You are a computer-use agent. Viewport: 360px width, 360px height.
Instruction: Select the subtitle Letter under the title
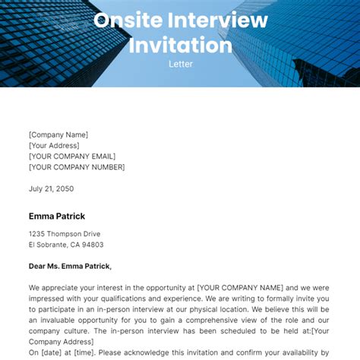pyautogui.click(x=180, y=65)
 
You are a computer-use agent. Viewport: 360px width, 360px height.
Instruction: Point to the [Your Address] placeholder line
pyautogui.click(x=54, y=145)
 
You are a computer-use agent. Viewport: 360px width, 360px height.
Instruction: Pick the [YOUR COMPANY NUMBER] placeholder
pyautogui.click(x=77, y=166)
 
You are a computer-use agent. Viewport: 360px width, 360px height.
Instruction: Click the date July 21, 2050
pyautogui.click(x=52, y=188)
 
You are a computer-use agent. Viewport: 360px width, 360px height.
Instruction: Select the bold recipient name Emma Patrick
pyautogui.click(x=57, y=216)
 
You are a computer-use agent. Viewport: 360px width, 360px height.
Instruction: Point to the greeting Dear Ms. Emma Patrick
pyautogui.click(x=70, y=266)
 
